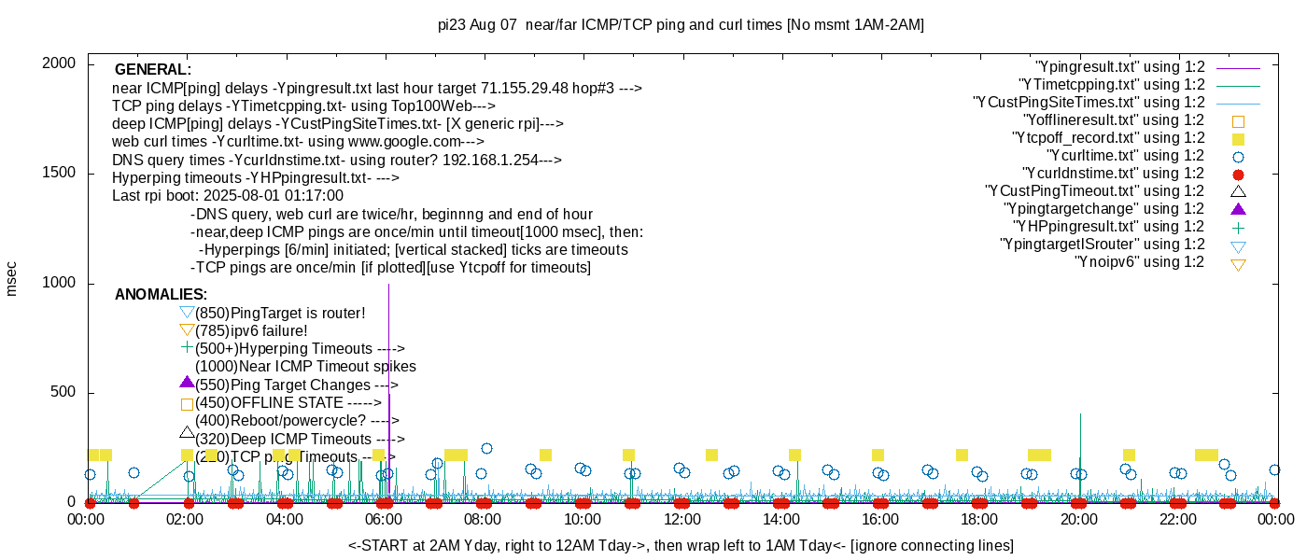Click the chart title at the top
point(681,25)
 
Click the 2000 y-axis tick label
point(62,63)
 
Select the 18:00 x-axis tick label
point(978,519)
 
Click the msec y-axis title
point(11,279)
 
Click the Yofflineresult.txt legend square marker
point(1238,120)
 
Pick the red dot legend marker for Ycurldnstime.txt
point(1238,174)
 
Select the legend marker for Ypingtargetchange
point(1238,208)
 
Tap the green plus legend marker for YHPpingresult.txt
point(1238,227)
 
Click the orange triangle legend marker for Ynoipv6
point(1238,264)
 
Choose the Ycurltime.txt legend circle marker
point(1238,156)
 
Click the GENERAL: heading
point(153,70)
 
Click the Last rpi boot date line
point(228,196)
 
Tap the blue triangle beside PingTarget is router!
point(187,312)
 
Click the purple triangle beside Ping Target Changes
point(187,383)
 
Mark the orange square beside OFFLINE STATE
point(187,404)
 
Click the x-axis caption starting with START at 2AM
point(681,545)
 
